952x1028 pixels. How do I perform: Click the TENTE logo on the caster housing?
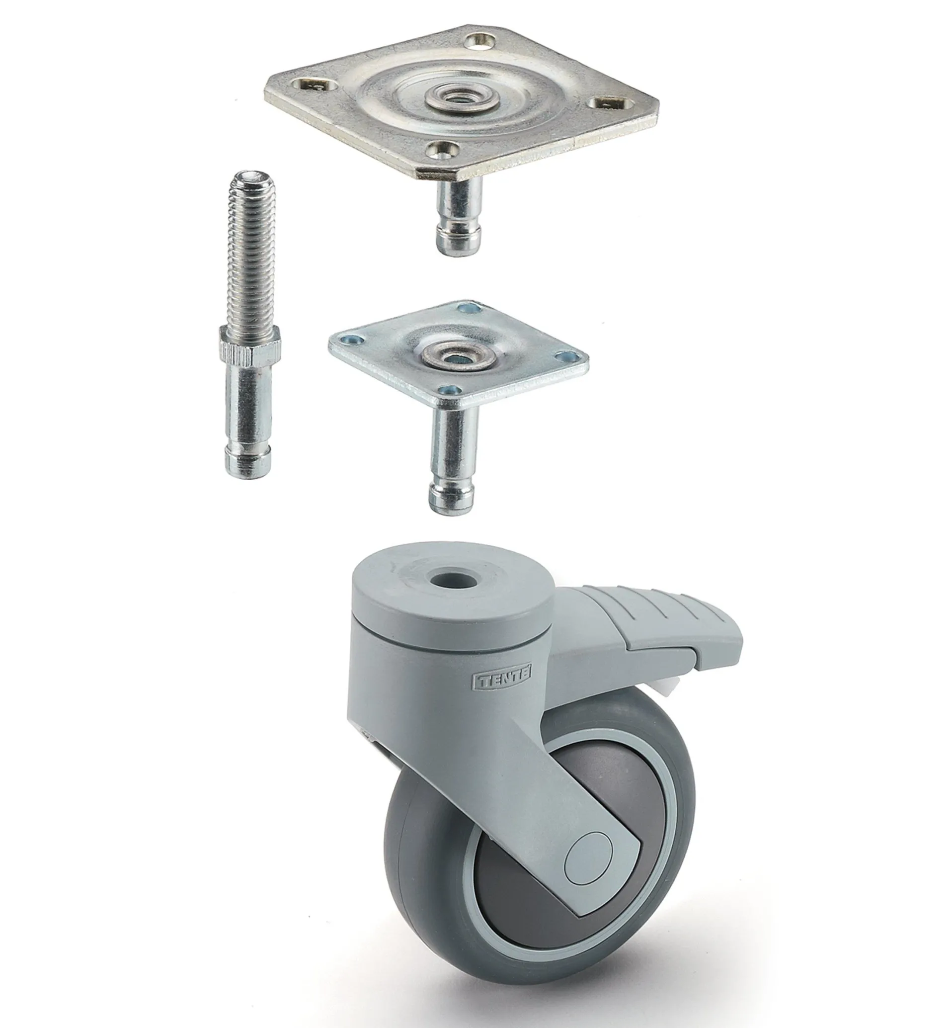click(x=502, y=682)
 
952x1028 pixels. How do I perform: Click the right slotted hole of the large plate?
click(x=610, y=103)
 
